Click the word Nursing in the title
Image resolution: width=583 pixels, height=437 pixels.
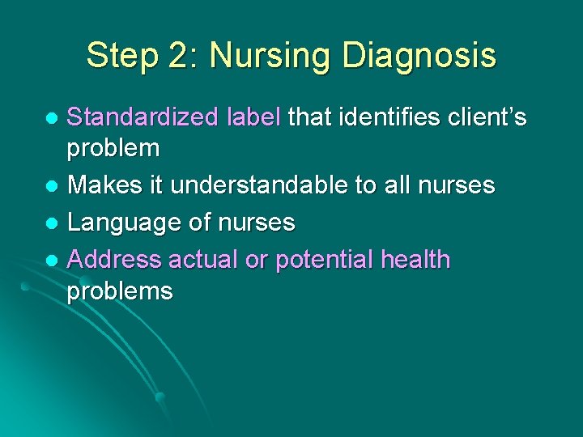click(271, 56)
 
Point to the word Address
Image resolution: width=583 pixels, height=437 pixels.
click(114, 260)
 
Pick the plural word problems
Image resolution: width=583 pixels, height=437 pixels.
click(120, 291)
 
